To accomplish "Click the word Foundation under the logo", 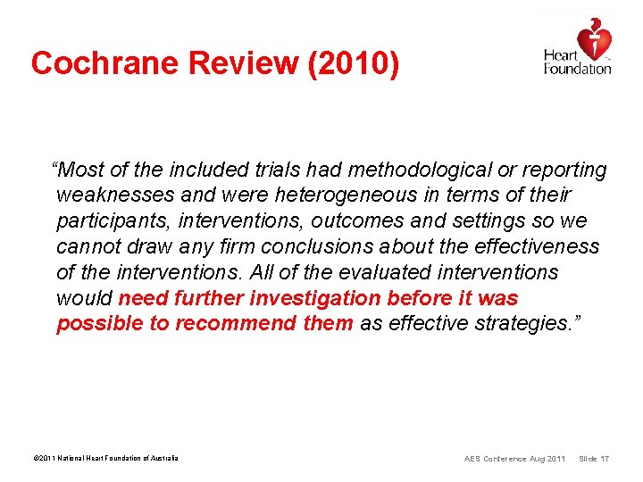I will pyautogui.click(x=577, y=69).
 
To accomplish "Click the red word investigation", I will pyautogui.click(x=312, y=297).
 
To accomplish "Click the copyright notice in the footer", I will pyautogui.click(x=105, y=459).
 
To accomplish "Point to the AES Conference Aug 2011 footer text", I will pyautogui.click(x=514, y=459).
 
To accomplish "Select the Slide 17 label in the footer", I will pyautogui.click(x=594, y=459).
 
